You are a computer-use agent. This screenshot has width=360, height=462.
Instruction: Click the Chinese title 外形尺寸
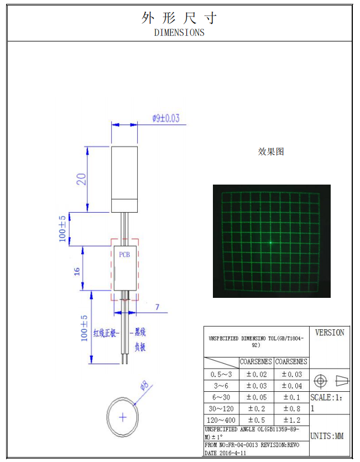(179, 18)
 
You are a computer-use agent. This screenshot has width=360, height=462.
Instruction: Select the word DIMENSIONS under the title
(179, 33)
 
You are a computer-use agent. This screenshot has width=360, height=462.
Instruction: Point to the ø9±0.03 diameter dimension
(166, 118)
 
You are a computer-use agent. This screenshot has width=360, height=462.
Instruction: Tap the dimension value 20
(81, 179)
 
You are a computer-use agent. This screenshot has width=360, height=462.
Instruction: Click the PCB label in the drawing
(124, 255)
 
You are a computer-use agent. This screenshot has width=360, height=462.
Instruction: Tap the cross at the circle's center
(123, 416)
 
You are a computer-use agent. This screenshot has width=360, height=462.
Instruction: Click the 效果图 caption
(271, 151)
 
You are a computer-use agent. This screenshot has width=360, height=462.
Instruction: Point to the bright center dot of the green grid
(271, 242)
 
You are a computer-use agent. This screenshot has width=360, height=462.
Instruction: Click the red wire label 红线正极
(106, 333)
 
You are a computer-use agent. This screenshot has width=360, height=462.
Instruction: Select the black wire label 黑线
(140, 333)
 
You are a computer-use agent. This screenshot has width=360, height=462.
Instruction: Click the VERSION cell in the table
(330, 333)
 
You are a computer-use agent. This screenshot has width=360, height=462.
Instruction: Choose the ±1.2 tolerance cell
(291, 420)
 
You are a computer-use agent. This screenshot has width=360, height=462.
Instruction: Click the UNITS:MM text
(327, 436)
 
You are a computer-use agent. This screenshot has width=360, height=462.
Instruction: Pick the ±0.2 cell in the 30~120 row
(255, 409)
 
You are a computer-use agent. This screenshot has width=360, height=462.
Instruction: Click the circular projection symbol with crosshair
(320, 381)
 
